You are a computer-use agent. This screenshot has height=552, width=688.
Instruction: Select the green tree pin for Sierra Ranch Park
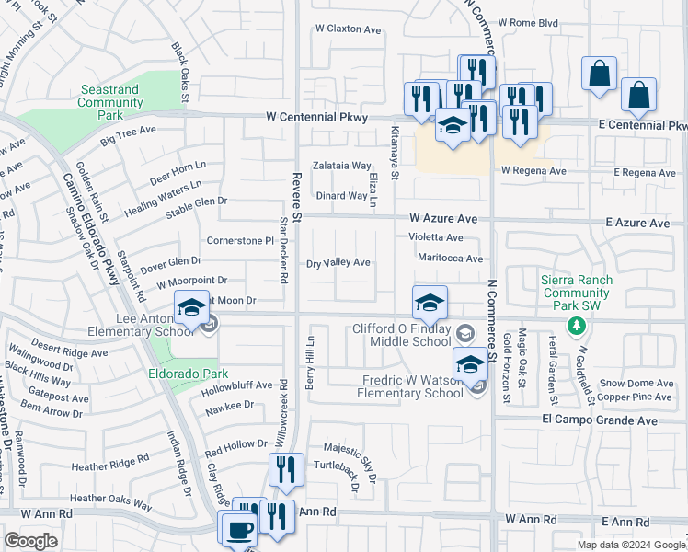tap(576, 325)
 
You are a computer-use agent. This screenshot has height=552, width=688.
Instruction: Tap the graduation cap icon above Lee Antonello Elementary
tap(191, 307)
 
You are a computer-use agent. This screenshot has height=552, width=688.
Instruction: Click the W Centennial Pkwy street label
tap(316, 118)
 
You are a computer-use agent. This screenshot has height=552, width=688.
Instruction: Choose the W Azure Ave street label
tap(443, 219)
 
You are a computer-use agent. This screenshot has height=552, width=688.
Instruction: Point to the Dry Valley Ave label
tap(338, 263)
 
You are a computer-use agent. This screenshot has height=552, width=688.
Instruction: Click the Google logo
tap(29, 541)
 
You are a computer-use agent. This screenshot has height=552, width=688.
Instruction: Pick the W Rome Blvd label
tap(529, 23)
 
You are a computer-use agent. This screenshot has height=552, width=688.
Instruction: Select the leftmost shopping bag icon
tap(599, 75)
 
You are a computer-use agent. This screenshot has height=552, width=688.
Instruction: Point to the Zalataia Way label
tap(341, 166)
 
